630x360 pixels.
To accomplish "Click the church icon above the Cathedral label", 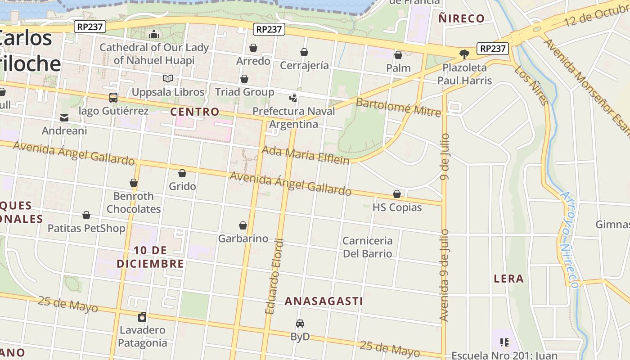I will click(154, 34).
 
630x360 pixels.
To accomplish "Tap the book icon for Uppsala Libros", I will click(168, 79).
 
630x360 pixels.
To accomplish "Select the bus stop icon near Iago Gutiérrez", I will click(113, 98).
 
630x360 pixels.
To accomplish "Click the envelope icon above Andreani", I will click(64, 118).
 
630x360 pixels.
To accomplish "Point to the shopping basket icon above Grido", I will click(182, 173).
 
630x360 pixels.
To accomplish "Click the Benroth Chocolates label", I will click(134, 202).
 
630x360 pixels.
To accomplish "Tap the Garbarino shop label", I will click(243, 238).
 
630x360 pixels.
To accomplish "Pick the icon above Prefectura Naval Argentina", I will click(293, 98).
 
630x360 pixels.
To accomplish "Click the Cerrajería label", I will click(304, 66).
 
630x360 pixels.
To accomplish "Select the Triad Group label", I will click(244, 92).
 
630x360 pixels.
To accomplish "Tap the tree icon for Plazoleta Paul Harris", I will click(464, 54).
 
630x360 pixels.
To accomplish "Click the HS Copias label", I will click(397, 207).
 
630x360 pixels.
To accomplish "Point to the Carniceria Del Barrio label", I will click(368, 247).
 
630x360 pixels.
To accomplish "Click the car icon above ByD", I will click(300, 323).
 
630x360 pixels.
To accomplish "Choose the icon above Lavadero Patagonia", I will click(142, 317).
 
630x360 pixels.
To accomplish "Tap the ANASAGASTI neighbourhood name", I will click(324, 301).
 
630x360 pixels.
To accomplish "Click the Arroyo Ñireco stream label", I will click(569, 238).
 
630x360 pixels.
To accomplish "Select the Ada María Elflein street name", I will click(306, 155).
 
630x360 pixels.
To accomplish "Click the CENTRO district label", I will click(195, 112).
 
